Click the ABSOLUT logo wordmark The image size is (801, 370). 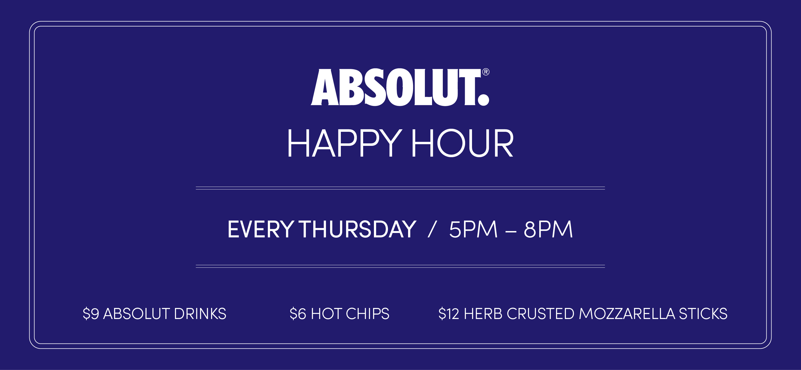coord(400,87)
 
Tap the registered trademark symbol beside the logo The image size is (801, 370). coord(486,72)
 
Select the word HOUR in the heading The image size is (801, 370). coord(462,143)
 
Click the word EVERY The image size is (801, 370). coord(261,229)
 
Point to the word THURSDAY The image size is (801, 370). coord(358,229)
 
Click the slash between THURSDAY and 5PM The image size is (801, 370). coord(432,229)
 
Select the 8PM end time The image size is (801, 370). coord(548,229)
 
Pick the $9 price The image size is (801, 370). coord(91,314)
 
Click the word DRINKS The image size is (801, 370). coord(200,314)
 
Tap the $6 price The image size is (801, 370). coord(298,314)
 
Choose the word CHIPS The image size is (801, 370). coord(368,314)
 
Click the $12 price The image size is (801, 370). coord(449,314)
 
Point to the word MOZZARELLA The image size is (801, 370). coord(627,314)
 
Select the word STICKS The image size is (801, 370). coord(703,314)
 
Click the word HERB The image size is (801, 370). coord(483,314)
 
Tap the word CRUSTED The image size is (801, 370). coord(540,314)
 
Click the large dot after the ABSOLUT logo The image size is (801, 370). coord(483,100)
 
